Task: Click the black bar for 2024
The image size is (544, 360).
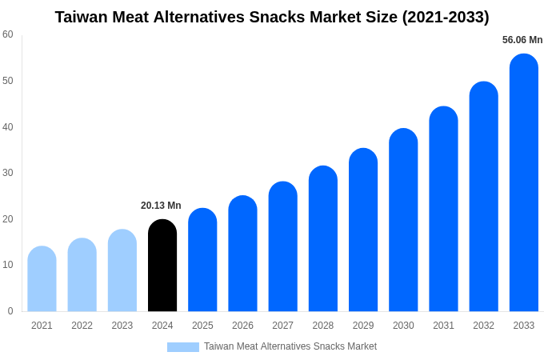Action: click(x=162, y=266)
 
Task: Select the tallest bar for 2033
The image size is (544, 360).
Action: click(x=523, y=183)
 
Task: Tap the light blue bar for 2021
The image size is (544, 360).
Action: click(x=42, y=279)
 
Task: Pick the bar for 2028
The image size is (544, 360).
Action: click(x=322, y=239)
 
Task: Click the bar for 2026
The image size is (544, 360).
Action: click(x=242, y=254)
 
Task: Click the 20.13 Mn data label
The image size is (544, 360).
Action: click(x=161, y=206)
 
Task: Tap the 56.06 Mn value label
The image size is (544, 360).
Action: click(x=522, y=40)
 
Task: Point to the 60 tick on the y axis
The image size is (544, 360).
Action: click(x=8, y=34)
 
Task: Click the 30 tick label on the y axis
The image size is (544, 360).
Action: click(x=8, y=173)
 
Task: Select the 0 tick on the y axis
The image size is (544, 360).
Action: click(x=10, y=311)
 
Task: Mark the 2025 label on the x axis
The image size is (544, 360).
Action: click(x=202, y=326)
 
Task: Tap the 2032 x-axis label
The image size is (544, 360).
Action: click(x=483, y=326)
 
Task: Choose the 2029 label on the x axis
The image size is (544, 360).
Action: click(x=363, y=326)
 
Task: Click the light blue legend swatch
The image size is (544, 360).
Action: click(x=182, y=347)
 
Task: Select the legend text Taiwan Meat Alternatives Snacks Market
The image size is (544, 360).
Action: click(x=290, y=346)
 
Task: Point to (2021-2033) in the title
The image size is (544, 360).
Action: click(x=445, y=17)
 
